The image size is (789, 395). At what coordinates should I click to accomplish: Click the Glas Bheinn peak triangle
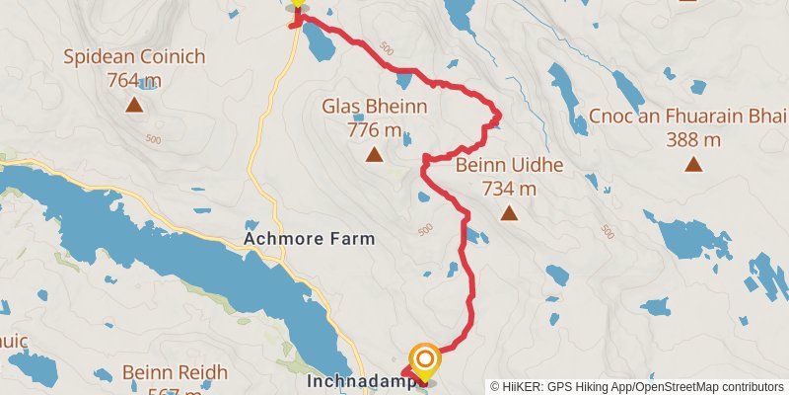click(x=374, y=155)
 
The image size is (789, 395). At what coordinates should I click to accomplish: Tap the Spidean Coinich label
click(x=134, y=57)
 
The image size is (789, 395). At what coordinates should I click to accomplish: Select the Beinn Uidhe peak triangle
click(x=509, y=213)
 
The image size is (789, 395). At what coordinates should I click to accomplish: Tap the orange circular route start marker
click(x=424, y=357)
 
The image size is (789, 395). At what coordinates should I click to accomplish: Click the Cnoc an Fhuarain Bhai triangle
click(x=693, y=165)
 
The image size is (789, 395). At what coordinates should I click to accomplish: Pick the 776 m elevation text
click(x=374, y=129)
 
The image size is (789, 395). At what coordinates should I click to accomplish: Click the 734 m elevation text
click(x=509, y=188)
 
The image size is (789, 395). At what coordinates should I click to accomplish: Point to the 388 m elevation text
click(x=693, y=140)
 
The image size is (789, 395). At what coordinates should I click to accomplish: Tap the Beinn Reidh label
click(x=176, y=373)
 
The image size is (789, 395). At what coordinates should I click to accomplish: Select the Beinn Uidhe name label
click(x=509, y=164)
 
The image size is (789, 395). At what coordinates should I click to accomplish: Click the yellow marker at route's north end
click(x=297, y=4)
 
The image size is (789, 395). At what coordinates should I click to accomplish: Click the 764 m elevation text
click(x=134, y=81)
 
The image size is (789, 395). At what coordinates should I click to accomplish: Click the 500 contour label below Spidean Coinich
click(x=153, y=139)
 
